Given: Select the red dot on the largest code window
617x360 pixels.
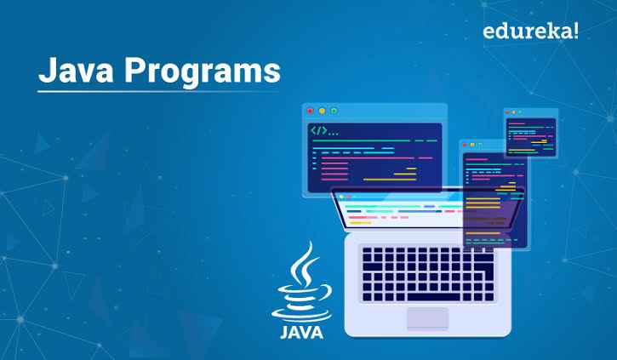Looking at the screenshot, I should [x=311, y=111].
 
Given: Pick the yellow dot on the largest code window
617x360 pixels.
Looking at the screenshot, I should [x=323, y=111].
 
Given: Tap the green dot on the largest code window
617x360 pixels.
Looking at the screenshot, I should [x=334, y=111].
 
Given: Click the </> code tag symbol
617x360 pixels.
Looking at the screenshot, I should [x=318, y=132].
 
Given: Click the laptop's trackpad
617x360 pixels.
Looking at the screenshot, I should [x=426, y=317].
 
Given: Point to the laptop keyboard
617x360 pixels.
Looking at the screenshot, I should [x=427, y=271].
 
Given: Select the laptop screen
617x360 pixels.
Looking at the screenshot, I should [x=400, y=213].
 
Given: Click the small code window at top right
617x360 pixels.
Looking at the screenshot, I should [x=529, y=134].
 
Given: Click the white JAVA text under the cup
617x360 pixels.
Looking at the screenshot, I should [x=302, y=331].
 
